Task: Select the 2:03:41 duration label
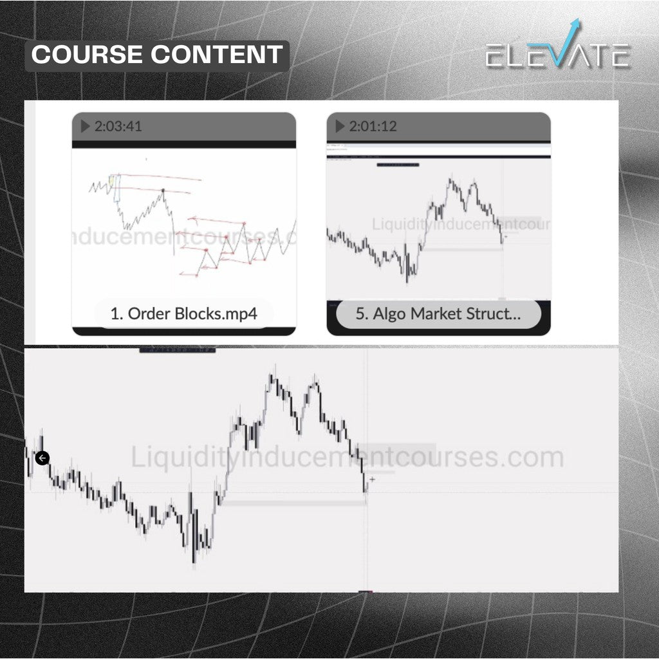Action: tap(118, 126)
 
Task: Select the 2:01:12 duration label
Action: tap(373, 126)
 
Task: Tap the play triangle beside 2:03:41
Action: tap(85, 126)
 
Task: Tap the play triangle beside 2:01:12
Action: tap(340, 126)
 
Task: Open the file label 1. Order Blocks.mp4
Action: tap(183, 314)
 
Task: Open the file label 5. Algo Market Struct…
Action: tap(438, 314)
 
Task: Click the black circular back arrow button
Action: tap(42, 458)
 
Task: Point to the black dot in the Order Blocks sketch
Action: tap(163, 190)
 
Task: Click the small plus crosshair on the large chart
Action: tap(372, 479)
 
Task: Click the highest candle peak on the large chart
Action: tap(273, 369)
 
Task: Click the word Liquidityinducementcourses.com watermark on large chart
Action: tap(348, 458)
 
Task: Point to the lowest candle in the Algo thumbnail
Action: tap(407, 281)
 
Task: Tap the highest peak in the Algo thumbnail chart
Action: tap(450, 175)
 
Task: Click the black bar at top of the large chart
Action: tap(178, 349)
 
